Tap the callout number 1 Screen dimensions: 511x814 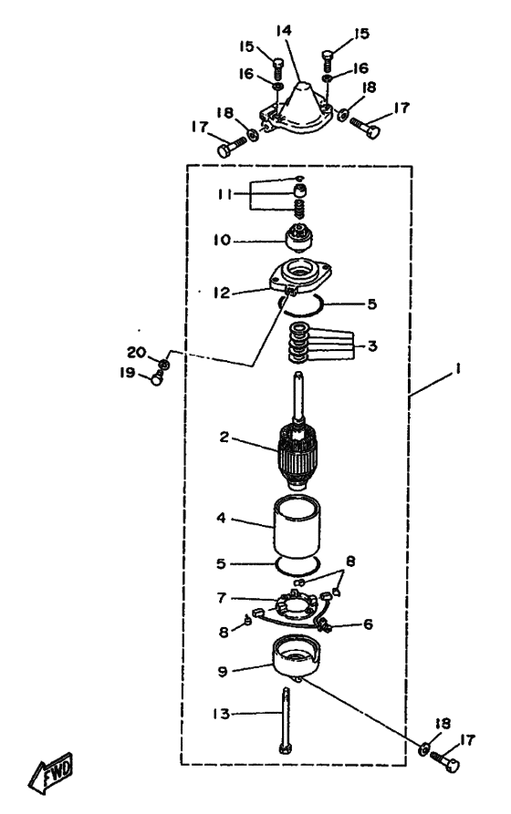tap(458, 369)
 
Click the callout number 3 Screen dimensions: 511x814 tap(372, 345)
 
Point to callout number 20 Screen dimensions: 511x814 tap(137, 353)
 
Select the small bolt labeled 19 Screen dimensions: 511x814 tap(156, 378)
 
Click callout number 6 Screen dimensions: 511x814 tap(368, 624)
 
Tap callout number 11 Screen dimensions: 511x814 tap(224, 194)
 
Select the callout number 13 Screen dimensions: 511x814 tap(222, 714)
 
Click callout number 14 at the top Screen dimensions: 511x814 tap(284, 30)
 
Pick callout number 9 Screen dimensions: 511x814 tap(223, 671)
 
